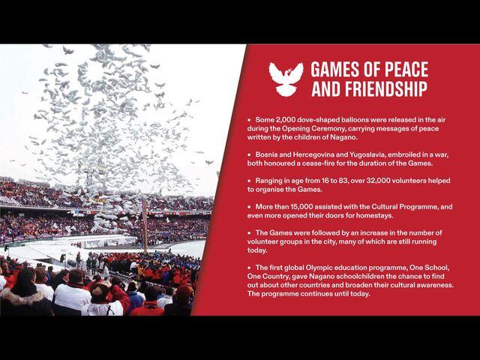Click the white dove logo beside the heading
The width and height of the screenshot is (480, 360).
286,79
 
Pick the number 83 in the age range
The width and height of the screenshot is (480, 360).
342,181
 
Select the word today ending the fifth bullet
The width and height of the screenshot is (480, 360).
257,250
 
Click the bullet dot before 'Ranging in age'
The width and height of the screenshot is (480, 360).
249,181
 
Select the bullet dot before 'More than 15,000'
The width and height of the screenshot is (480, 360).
249,207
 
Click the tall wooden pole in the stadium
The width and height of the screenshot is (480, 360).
145,225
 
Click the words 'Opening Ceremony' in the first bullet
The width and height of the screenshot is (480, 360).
309,128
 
